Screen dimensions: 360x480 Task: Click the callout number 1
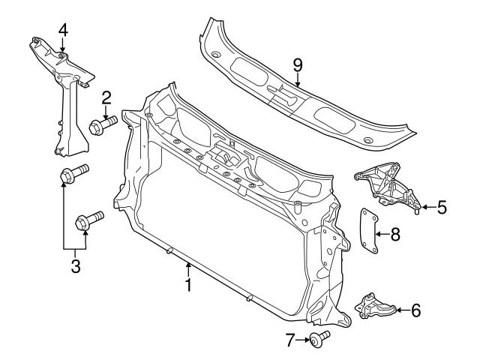[188, 286]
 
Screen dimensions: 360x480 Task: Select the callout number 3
[75, 265]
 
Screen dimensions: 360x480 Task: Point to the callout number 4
[63, 30]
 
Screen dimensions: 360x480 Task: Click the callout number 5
[442, 206]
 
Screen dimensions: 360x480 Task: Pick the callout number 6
[416, 308]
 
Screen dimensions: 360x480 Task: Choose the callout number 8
[395, 234]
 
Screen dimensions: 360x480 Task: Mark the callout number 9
[298, 65]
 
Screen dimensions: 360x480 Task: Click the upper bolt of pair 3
[73, 175]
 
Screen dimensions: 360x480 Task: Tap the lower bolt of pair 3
[87, 221]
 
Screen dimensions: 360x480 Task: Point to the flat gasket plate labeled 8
[368, 232]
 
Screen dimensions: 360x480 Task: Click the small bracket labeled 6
[375, 307]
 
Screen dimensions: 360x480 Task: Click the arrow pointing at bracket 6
[401, 308]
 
